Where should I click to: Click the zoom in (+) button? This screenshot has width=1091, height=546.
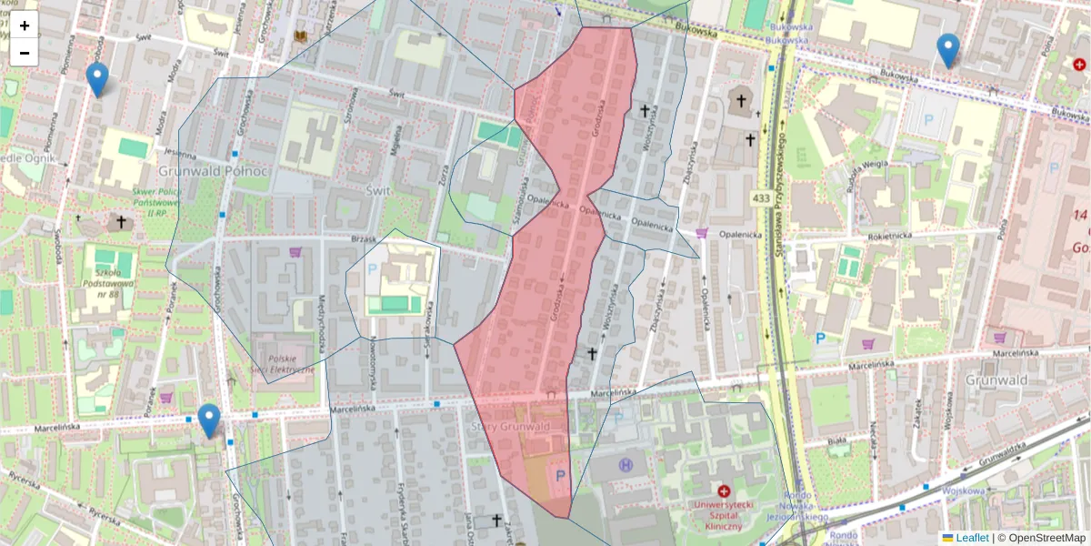[25, 25]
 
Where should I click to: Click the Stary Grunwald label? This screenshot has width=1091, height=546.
[512, 426]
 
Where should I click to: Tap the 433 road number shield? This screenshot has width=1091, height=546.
[762, 197]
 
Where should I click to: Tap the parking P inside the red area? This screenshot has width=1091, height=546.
[560, 474]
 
